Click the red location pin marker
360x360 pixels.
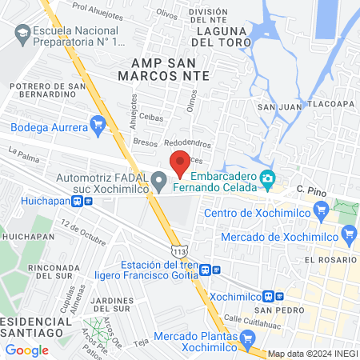click(180, 162)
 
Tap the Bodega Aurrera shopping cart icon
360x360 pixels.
click(98, 124)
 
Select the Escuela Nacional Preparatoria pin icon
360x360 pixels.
click(22, 34)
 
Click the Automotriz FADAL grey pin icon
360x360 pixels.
click(158, 178)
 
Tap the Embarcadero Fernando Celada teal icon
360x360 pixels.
click(267, 176)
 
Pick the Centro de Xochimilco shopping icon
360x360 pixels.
click(321, 212)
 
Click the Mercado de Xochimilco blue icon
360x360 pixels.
click(348, 234)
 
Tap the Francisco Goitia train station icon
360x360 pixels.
click(206, 270)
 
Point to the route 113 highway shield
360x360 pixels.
click(185, 251)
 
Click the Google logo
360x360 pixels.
click(26, 350)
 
